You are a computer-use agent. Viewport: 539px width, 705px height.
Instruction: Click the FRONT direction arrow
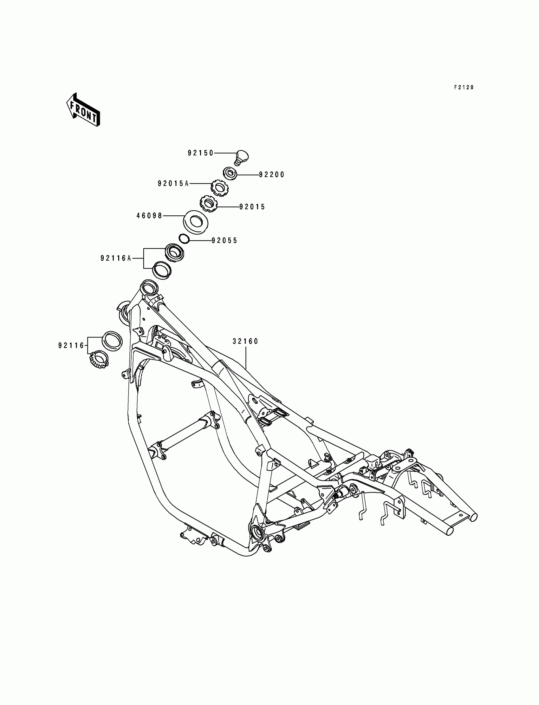point(83,110)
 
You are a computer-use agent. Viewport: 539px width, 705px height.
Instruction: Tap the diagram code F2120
point(464,87)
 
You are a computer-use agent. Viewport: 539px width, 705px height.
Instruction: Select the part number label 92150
point(200,153)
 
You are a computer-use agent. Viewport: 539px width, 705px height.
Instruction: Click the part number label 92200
point(272,174)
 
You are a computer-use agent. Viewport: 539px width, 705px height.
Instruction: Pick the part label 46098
point(150,216)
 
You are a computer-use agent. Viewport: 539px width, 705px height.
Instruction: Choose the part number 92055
point(224,240)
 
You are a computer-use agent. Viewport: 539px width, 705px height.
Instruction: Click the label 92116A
point(116,258)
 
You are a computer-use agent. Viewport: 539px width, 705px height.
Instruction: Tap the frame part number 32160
point(245,342)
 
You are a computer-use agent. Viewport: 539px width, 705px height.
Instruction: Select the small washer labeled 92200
point(230,173)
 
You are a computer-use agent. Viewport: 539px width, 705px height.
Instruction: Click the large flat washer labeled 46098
point(195,221)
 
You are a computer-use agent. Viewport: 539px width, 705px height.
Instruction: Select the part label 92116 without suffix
point(71,345)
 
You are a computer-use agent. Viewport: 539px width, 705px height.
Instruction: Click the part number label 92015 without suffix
point(252,207)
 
